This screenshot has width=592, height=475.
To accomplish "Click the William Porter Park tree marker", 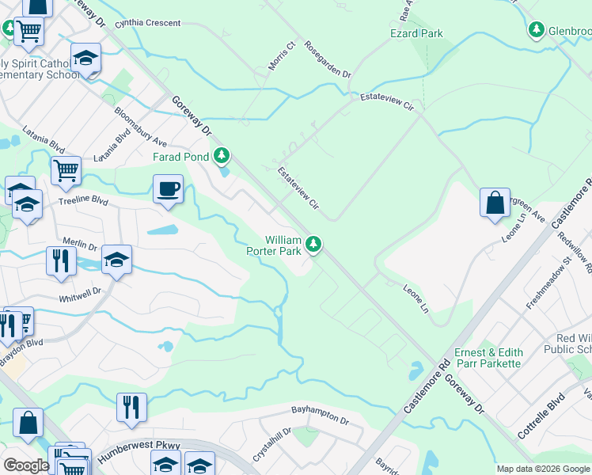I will pos(314,244).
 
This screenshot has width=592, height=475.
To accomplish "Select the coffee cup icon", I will pos(167,191).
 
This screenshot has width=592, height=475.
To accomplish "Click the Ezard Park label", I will pos(416,33).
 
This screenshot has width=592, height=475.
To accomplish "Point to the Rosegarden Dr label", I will pos(328,60).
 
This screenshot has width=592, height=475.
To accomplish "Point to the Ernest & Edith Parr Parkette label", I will pos(488,358).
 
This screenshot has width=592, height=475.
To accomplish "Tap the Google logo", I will pos(25,465).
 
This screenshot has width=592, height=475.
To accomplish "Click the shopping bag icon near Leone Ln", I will pos(495,203).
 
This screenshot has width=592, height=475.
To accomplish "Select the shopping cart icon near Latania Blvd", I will pos(66,169).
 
